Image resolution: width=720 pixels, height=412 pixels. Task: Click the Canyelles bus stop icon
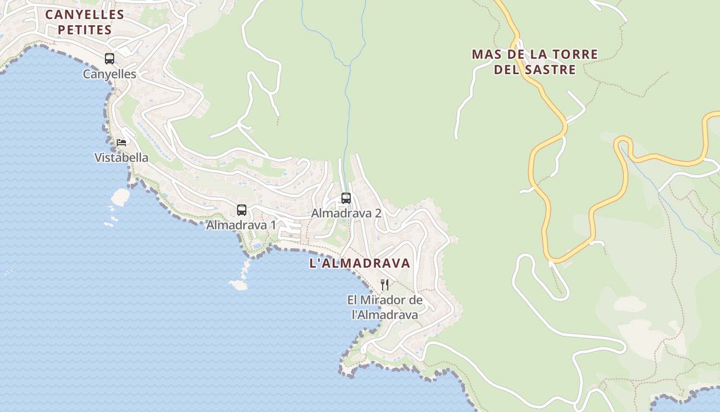coord(110,59)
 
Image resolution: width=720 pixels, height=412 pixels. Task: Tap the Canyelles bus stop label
coord(110,74)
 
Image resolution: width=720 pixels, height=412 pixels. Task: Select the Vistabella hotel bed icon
coord(121,142)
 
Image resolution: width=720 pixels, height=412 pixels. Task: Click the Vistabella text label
coord(121,158)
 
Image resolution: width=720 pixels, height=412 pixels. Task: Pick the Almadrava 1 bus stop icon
coord(242,210)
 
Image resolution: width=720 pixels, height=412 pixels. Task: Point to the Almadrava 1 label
coord(241,225)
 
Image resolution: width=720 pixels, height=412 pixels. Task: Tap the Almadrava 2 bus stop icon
coord(346,198)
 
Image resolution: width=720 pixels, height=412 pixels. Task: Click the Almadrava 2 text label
coord(346,213)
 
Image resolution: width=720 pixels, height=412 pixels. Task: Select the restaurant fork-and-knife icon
coord(385,284)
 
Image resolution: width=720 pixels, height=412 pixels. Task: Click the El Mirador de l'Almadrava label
coord(385,307)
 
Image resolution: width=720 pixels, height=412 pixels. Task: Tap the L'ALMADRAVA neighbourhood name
coord(359,263)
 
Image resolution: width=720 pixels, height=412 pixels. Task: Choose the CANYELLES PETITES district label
coord(85,22)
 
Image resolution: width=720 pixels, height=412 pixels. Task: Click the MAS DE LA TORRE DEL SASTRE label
coord(535,62)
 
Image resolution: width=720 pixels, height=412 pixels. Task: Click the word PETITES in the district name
coord(85,30)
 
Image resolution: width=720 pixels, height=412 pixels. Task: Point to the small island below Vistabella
coord(121,196)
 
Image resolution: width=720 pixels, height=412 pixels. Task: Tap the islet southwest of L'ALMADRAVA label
coord(238,284)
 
